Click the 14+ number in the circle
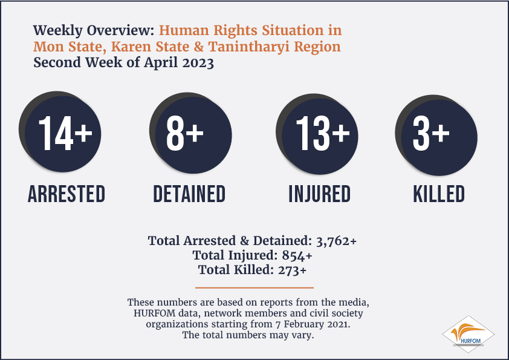tap(65, 133)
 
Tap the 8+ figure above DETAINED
tap(185, 133)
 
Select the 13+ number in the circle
tap(323, 133)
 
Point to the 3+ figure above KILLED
tap(431, 133)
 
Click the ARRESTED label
tap(66, 194)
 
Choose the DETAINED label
tap(189, 194)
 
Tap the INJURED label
tap(320, 194)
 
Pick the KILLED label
tap(439, 194)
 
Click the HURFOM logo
tap(468, 335)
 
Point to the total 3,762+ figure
tap(336, 241)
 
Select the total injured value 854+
tap(297, 255)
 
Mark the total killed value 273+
tap(292, 270)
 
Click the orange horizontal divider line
tap(254, 287)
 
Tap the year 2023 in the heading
tap(198, 63)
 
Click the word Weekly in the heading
tap(58, 30)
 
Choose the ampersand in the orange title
tap(199, 47)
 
